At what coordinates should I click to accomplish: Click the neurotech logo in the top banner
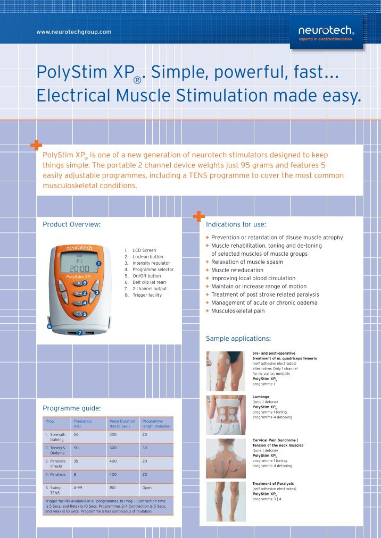(x=326, y=32)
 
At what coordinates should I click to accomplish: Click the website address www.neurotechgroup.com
(x=74, y=32)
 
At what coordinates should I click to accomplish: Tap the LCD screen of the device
(x=79, y=264)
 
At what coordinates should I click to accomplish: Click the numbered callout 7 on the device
(x=80, y=333)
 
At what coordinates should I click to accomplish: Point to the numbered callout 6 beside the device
(x=49, y=326)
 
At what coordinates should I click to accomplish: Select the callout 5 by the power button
(x=85, y=314)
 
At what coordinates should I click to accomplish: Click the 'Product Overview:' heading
(x=71, y=224)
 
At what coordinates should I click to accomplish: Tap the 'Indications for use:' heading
(x=236, y=224)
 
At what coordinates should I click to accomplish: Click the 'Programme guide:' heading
(x=71, y=408)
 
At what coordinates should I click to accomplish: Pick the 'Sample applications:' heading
(x=238, y=339)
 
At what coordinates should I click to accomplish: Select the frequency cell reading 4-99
(x=78, y=487)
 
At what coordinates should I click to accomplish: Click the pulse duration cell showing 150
(x=113, y=487)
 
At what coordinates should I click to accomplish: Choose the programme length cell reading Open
(x=147, y=487)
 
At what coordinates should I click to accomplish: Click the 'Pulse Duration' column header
(x=122, y=424)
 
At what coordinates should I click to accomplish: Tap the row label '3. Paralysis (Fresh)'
(x=55, y=464)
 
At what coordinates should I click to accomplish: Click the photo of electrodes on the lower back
(x=226, y=415)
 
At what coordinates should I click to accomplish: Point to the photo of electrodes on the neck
(x=226, y=458)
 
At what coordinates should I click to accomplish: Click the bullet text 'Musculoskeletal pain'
(x=238, y=311)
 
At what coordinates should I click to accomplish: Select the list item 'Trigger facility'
(x=147, y=295)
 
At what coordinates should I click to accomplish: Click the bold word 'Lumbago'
(x=261, y=397)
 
